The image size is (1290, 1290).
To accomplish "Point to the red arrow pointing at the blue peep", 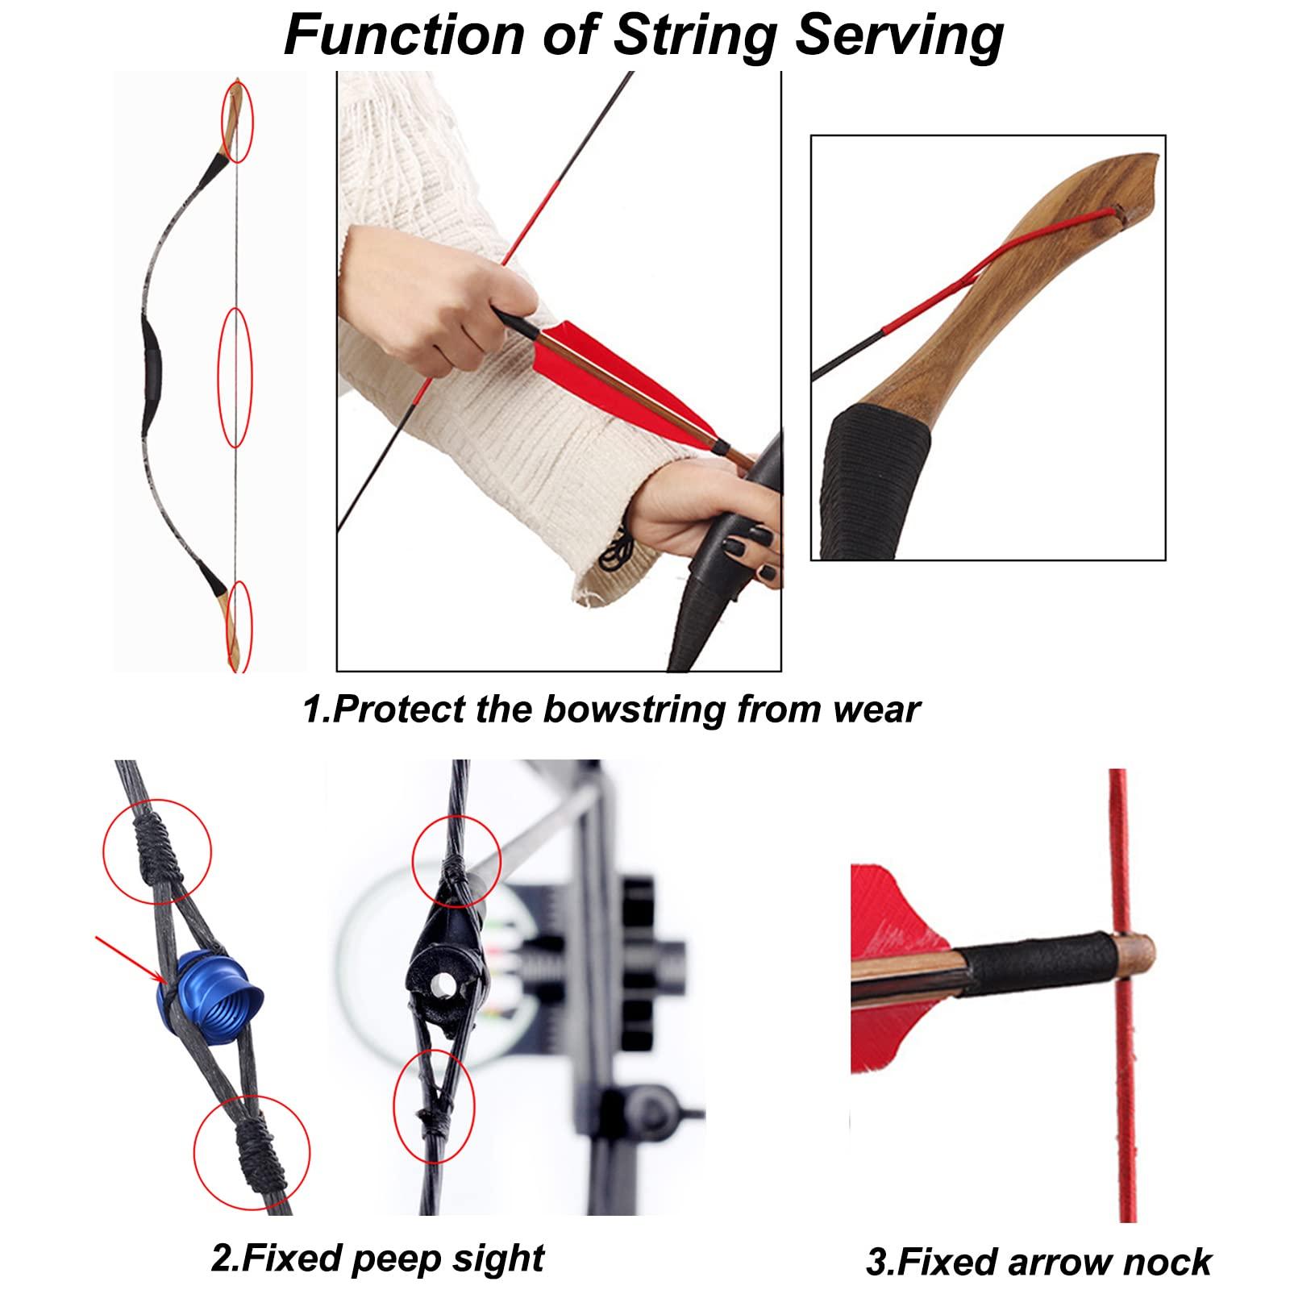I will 129,959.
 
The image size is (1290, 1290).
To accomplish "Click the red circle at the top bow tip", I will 238,120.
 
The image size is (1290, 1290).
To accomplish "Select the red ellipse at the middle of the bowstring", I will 236,377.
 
